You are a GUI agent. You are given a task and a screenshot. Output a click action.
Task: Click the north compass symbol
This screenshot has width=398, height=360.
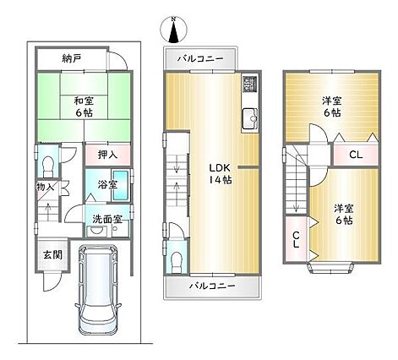[173, 30]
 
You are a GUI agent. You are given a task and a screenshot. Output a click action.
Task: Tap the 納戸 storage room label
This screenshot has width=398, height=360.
[72, 58]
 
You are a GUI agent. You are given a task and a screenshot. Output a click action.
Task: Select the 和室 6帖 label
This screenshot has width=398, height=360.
[84, 106]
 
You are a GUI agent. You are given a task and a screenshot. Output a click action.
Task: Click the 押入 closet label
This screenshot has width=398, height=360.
[107, 154]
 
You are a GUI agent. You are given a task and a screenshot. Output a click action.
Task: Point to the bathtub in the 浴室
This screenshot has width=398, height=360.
[121, 185]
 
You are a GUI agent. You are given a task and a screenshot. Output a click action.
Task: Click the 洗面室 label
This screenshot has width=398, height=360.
[107, 219]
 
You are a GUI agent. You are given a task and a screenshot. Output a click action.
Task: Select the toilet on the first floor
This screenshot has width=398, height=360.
[48, 166]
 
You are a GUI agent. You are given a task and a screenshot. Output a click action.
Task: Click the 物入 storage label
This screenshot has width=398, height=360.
[45, 187]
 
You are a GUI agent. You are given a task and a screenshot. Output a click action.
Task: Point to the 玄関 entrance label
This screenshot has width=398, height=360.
[52, 255]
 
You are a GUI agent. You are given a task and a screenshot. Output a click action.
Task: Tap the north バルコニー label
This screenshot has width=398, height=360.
[200, 58]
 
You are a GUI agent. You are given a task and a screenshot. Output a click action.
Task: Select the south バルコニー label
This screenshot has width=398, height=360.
[212, 286]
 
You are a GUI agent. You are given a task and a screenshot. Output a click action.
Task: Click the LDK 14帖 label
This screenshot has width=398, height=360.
[221, 173]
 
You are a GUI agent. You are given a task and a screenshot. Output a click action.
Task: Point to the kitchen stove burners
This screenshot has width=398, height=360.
[249, 85]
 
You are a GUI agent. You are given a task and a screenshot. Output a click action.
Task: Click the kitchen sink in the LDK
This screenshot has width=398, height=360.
[249, 118]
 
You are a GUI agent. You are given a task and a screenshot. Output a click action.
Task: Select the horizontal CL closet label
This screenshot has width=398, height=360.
[356, 155]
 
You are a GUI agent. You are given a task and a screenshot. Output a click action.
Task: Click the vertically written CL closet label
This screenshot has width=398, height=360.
[296, 240]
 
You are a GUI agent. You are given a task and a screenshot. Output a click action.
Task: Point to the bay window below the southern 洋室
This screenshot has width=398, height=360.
[330, 268]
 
